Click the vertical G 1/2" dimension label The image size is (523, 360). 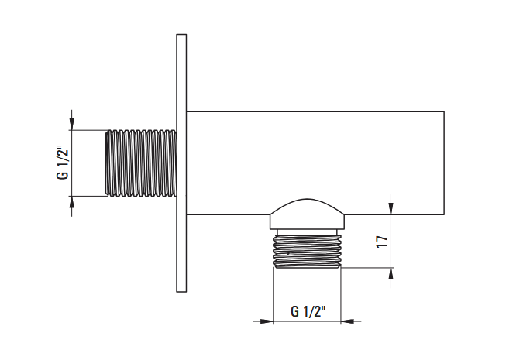click(63, 163)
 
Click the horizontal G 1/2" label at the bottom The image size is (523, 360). click(308, 311)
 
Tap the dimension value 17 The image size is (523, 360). click(382, 242)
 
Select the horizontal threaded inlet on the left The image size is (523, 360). click(141, 163)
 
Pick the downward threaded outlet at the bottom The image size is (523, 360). click(307, 252)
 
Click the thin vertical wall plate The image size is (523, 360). click(181, 163)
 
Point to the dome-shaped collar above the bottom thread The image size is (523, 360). click(307, 214)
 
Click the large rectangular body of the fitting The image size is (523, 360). click(315, 163)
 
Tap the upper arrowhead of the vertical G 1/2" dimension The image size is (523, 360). click(72, 124)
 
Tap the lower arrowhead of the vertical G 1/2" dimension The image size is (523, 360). click(72, 202)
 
